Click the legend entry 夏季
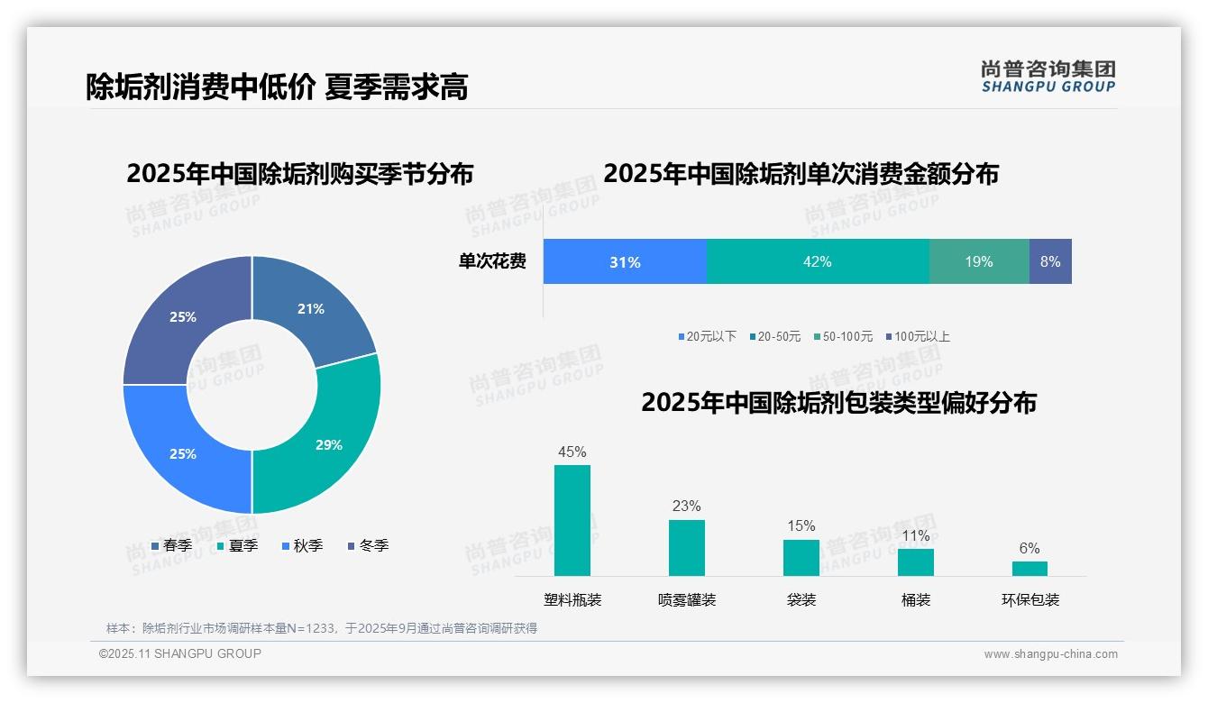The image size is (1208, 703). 237,545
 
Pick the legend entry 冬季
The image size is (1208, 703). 368,545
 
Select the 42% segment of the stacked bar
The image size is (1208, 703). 817,261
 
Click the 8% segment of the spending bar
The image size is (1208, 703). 1050,261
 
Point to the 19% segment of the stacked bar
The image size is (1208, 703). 978,261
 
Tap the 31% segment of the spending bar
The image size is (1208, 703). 625,261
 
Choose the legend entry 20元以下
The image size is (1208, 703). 707,336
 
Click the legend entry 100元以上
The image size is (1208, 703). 917,336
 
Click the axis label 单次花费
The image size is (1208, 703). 492,261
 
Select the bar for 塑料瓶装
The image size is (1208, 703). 572,520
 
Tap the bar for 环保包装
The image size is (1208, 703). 1030,568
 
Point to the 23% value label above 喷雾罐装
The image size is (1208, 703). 686,506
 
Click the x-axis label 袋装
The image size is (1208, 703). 801,599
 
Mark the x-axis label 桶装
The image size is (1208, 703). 916,599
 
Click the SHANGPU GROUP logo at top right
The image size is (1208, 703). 1048,76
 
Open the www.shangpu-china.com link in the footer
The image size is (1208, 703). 1050,654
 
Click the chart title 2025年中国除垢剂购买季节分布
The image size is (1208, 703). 299,173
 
